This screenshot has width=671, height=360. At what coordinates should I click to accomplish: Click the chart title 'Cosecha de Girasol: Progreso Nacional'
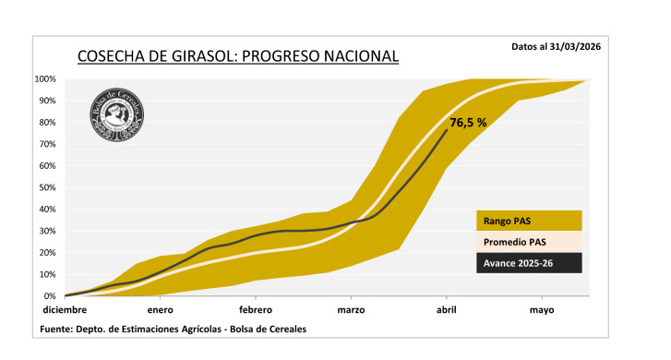point(238,57)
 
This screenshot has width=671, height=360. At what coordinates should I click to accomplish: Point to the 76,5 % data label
point(468,122)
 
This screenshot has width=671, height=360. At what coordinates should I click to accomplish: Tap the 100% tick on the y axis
point(46,79)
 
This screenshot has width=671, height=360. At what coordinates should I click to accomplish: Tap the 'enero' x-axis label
point(160,311)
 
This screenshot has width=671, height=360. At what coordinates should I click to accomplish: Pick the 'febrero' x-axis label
point(256,311)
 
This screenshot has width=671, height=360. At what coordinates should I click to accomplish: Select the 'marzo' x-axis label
point(351,311)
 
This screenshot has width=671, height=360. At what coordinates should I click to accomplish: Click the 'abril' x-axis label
point(447,311)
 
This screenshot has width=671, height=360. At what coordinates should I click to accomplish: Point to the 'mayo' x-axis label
point(542,311)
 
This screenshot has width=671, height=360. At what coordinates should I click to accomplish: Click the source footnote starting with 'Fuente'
point(174,330)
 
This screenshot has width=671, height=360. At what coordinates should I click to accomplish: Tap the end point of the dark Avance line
point(447,130)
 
